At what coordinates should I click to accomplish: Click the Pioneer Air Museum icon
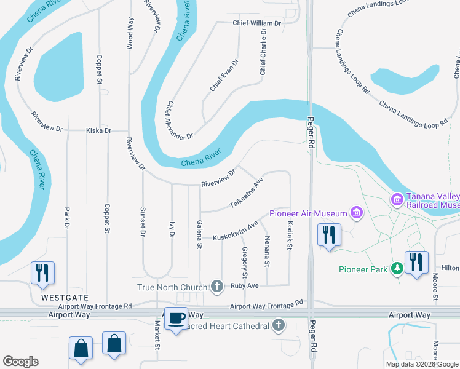[355, 213]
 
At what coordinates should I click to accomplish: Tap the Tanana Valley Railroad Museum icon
[397, 199]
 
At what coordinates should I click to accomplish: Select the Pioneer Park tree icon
[398, 269]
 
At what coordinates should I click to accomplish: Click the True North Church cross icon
[216, 286]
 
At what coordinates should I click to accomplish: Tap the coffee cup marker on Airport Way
[176, 319]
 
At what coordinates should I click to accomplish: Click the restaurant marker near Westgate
[42, 272]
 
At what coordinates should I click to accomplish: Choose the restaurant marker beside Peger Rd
[328, 235]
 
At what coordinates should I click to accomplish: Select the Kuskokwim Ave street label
[234, 231]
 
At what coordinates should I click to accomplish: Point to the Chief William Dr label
[256, 23]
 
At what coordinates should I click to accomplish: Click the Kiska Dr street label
[98, 130]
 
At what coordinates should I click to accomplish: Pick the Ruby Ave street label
[244, 286]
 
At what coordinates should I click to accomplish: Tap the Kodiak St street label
[289, 236]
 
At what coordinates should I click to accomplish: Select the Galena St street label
[199, 234]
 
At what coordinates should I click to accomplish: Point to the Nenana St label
[267, 252]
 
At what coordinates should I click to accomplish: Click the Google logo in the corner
[20, 361]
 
